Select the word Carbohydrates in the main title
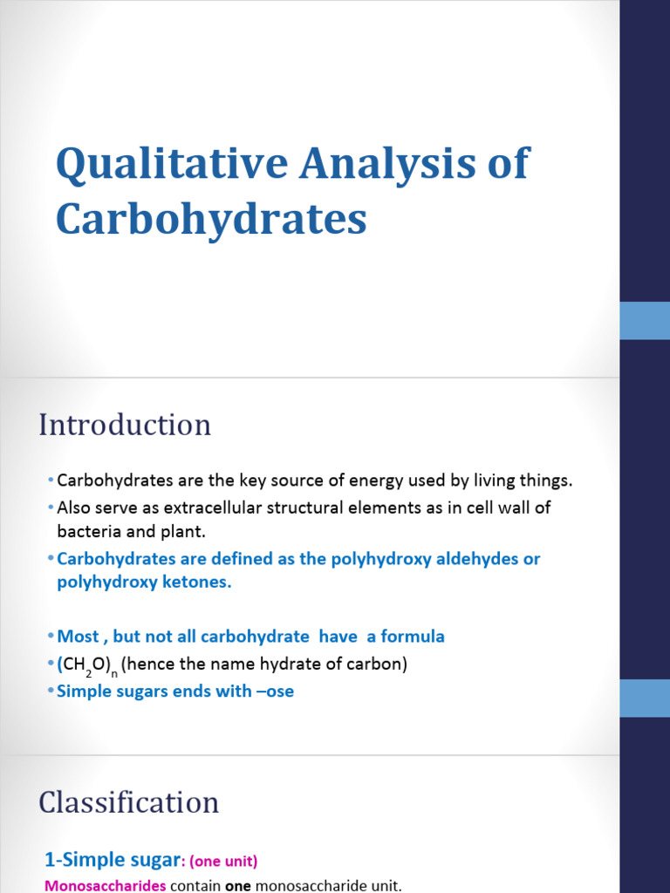point(211,219)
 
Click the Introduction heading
point(125,425)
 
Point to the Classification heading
point(128,802)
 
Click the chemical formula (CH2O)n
point(87,665)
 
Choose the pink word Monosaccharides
point(105,886)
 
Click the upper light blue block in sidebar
point(645,320)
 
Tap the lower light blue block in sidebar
point(645,698)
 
